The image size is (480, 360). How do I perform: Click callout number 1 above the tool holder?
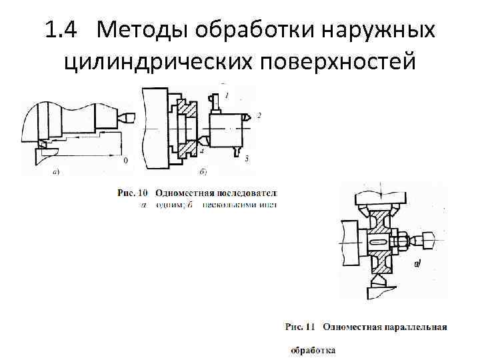(227, 96)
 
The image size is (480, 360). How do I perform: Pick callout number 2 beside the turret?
(259, 116)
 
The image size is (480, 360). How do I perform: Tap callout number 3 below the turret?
(247, 158)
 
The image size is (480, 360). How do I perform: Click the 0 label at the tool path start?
(125, 161)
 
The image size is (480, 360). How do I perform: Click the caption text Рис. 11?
(301, 327)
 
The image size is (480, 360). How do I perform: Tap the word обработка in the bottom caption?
(313, 350)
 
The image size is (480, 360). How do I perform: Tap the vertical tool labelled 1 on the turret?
(215, 103)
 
